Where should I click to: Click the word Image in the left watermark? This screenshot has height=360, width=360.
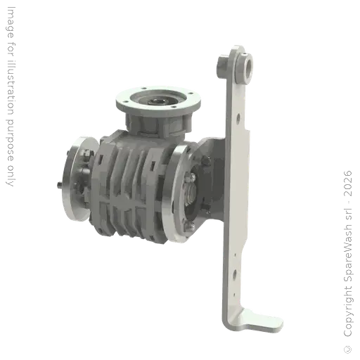pos(11,22)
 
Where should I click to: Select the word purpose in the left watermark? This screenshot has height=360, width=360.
pos(10,141)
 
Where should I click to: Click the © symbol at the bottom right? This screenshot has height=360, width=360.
pos(348,349)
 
